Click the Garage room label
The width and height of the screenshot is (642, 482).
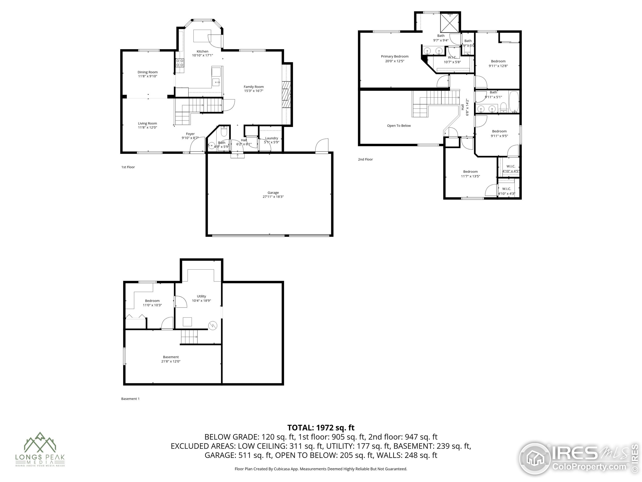click(273, 193)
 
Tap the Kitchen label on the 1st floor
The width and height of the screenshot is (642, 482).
click(202, 51)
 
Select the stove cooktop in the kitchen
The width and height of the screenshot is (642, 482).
click(180, 63)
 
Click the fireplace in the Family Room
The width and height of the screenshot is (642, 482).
click(286, 94)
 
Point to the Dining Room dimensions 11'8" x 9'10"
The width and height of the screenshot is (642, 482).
click(147, 76)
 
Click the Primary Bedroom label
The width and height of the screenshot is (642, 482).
click(394, 56)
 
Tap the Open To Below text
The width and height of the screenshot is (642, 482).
click(399, 126)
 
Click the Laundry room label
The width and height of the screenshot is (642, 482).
click(271, 138)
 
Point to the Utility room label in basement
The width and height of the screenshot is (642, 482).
click(201, 296)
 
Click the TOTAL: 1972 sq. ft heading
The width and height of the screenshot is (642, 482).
click(321, 428)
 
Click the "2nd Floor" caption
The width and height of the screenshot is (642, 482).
click(365, 159)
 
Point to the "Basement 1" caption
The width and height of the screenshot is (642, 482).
click(130, 399)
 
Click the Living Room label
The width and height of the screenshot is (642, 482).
click(147, 124)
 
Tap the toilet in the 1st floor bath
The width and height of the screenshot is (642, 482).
click(223, 132)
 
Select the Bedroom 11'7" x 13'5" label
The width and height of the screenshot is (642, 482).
click(470, 172)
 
